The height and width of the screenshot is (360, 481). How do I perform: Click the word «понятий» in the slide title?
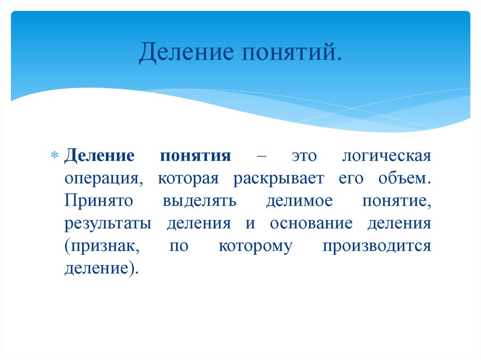tap(292, 54)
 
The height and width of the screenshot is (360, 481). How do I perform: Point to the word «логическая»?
tap(386, 156)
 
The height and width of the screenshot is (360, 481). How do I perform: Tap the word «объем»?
tap(403, 178)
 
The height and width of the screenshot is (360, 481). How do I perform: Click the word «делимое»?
tap(299, 201)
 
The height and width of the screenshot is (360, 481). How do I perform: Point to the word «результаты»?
tap(108, 223)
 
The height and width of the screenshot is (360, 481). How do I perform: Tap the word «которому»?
tap(255, 246)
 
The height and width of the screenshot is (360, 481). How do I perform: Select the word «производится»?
tap(377, 246)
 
